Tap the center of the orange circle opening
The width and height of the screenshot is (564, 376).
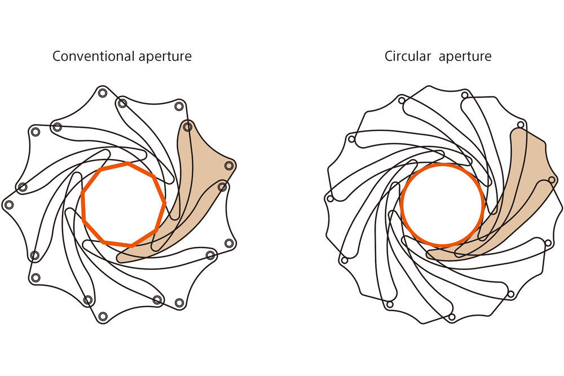(443, 205)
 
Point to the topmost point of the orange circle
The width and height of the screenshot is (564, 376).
(443, 165)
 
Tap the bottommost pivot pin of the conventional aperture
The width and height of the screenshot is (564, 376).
(103, 316)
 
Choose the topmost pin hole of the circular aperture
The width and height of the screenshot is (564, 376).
(464, 95)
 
